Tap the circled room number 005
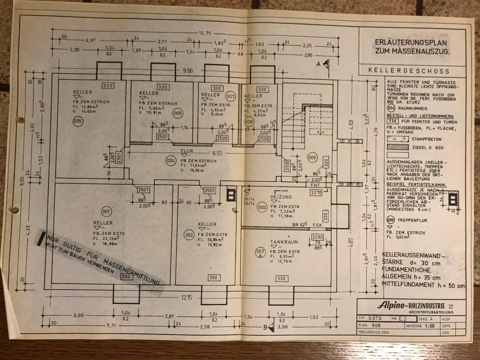[x=77, y=121]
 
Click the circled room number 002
[x=189, y=234]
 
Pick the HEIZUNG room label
[x=280, y=196]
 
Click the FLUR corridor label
[x=187, y=150]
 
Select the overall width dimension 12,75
[x=205, y=33]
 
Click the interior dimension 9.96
[x=188, y=71]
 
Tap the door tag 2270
[x=315, y=192]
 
